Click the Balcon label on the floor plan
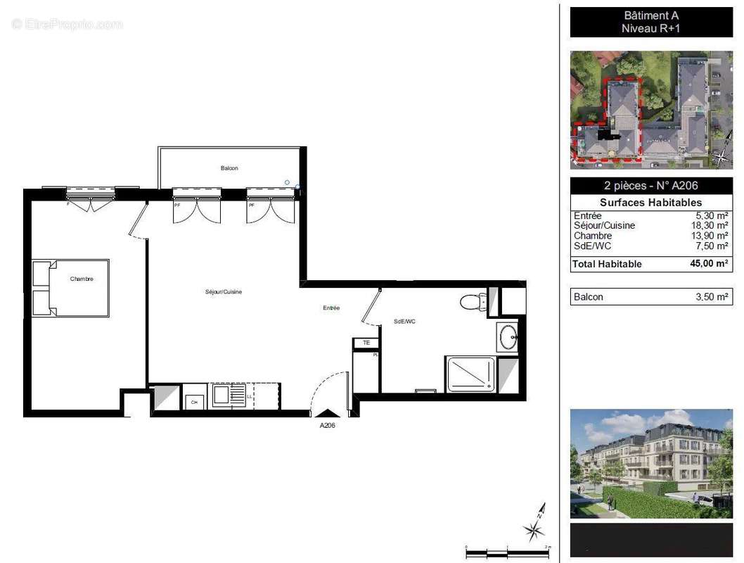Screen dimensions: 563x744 [x=229, y=168]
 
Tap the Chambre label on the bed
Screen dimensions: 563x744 [x=82, y=279]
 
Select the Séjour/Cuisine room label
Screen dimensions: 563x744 [x=224, y=292]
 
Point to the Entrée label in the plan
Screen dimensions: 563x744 [x=332, y=308]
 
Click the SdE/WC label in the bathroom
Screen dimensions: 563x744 [x=404, y=322]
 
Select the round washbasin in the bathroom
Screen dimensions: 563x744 [x=507, y=338]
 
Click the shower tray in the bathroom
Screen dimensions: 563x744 [x=470, y=374]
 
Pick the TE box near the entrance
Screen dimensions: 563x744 [x=366, y=343]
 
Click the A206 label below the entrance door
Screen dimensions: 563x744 [x=328, y=426]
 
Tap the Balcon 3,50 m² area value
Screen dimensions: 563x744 [x=712, y=297]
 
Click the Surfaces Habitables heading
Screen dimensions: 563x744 [x=650, y=203]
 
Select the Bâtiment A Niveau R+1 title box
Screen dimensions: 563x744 [x=650, y=22]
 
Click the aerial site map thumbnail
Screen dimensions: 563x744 [x=650, y=109]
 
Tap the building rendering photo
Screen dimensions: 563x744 [x=650, y=463]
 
